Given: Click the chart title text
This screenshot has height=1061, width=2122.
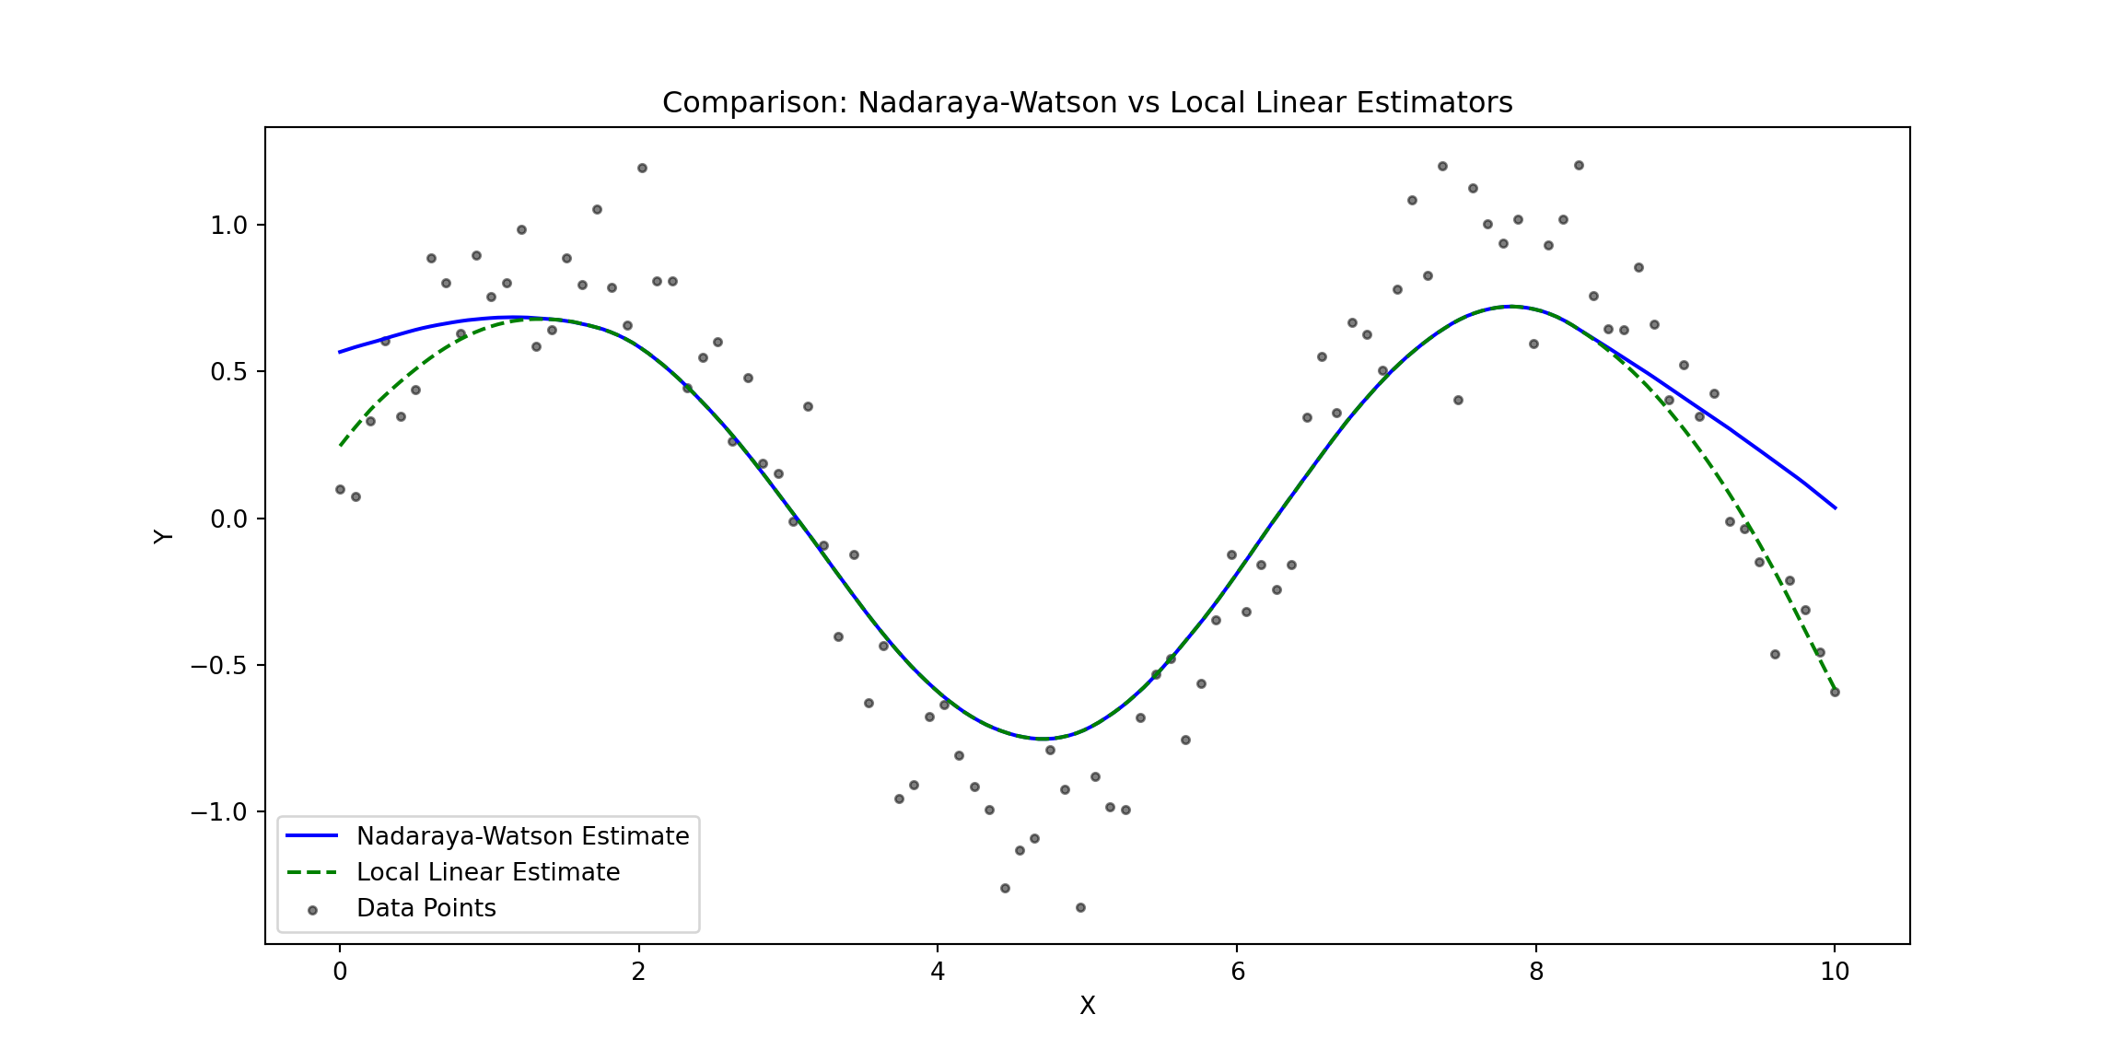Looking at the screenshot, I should click(1087, 102).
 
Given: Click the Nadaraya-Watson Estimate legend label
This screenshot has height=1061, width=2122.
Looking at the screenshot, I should click(522, 836).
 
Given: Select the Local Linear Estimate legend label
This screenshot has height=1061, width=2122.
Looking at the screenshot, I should click(488, 872).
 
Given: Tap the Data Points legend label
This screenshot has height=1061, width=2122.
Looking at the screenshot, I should click(426, 908).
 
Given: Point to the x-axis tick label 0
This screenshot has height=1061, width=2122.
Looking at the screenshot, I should click(340, 972).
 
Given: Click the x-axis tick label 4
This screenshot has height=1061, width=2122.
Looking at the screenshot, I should click(938, 972).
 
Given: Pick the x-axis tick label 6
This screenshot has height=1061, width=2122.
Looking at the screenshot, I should click(1237, 972).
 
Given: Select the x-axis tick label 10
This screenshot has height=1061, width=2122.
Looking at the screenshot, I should click(1835, 972).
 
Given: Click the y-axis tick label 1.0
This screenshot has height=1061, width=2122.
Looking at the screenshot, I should click(228, 226).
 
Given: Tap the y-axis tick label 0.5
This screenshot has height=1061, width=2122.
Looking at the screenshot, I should click(228, 372).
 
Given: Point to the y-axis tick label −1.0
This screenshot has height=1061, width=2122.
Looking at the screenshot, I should click(219, 812).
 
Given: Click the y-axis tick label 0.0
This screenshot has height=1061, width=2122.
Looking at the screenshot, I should click(228, 519).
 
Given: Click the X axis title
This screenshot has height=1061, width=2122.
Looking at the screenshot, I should click(1087, 1006).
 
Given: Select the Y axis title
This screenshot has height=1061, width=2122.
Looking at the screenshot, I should click(163, 536).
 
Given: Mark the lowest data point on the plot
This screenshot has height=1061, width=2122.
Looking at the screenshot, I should click(1080, 907).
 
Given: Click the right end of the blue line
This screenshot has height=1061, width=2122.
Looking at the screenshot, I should click(1835, 507).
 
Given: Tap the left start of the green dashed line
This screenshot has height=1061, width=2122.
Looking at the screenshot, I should click(341, 445).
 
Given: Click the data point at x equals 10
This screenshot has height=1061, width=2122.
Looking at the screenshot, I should click(1835, 692).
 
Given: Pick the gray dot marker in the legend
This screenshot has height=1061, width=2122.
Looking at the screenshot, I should click(312, 910).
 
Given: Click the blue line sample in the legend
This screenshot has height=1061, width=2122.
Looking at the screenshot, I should click(312, 836).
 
